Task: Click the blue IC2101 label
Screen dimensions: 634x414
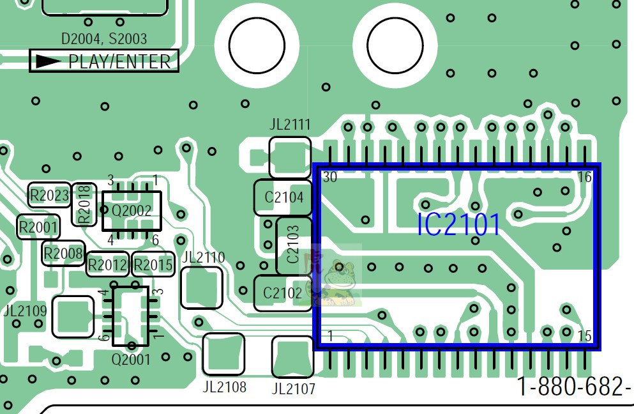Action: tap(458, 225)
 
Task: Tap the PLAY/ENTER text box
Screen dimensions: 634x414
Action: tap(104, 61)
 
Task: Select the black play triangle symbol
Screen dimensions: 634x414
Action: tap(49, 61)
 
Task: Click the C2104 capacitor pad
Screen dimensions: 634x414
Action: tap(283, 197)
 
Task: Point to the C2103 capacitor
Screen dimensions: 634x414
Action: tap(294, 245)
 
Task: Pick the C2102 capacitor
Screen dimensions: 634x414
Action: tap(283, 293)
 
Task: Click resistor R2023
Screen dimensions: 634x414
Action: tap(49, 195)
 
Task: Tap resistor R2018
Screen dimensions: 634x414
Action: tap(84, 204)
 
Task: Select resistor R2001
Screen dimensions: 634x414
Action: tap(38, 227)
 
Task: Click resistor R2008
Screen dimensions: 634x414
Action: tap(63, 254)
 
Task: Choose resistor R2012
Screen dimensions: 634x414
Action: tap(107, 264)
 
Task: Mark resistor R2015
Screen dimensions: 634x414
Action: tap(153, 264)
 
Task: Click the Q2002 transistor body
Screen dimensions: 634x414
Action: tap(132, 211)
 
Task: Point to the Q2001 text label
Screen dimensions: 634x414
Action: tap(131, 359)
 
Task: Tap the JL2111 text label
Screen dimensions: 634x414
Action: tap(290, 124)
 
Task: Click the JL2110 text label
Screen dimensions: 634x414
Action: tap(204, 257)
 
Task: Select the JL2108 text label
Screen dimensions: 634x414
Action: tap(224, 387)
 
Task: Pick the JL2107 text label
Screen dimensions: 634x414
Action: tap(294, 388)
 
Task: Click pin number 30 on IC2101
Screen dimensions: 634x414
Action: tap(330, 177)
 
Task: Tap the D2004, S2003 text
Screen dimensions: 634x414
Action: tap(104, 39)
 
